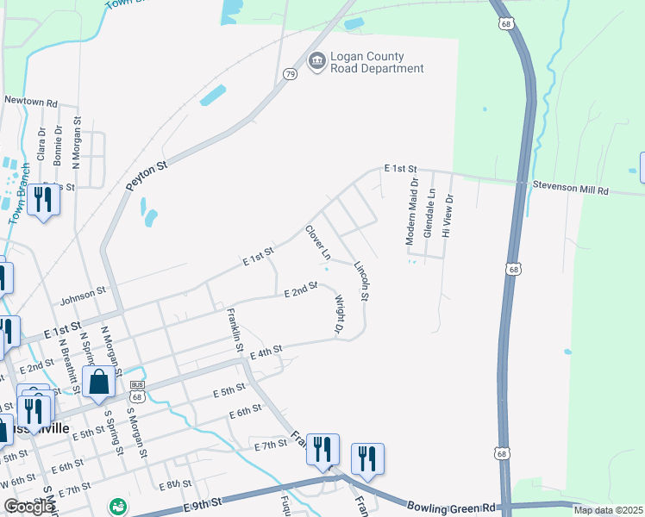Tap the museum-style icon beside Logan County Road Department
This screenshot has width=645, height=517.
click(x=316, y=61)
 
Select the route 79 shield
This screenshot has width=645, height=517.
click(x=291, y=75)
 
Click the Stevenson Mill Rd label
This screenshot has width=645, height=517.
click(x=570, y=189)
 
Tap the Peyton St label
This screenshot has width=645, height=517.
click(x=145, y=171)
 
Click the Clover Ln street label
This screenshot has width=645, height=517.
click(x=318, y=243)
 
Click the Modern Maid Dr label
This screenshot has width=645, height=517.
click(x=414, y=212)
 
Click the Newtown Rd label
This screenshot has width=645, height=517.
click(x=30, y=101)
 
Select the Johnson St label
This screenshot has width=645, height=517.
click(x=82, y=298)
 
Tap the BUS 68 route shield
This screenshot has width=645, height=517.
click(x=136, y=391)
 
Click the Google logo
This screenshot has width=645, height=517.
click(x=28, y=506)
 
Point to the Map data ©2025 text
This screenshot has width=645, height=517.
click(x=608, y=510)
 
